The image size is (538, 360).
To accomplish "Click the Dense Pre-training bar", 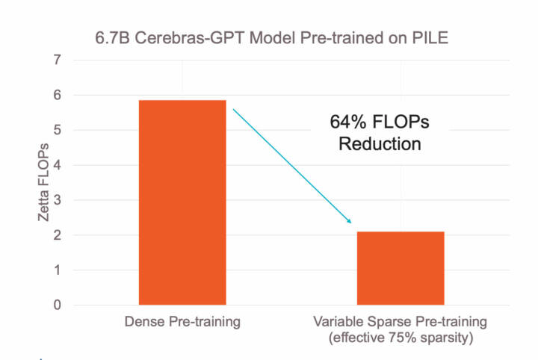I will coord(182,202).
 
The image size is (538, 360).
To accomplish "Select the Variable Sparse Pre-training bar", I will coord(401,268).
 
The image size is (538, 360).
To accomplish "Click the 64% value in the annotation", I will coord(347,122).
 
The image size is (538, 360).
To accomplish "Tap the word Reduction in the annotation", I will coord(380,143).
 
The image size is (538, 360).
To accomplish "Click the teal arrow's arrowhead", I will coord(347,220).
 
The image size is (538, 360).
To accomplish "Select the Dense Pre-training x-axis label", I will coord(182,323).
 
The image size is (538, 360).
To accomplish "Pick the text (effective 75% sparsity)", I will coord(402,338).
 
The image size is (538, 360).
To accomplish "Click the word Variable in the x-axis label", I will coord(338,323).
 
